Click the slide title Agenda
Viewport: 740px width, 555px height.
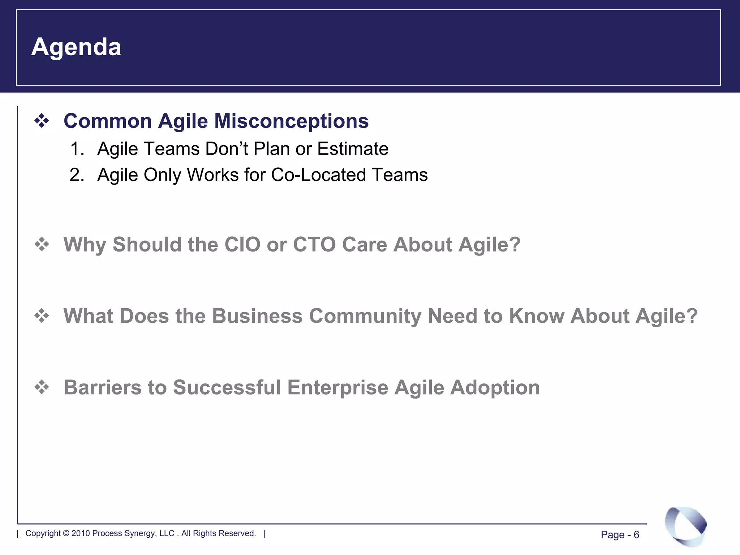76,47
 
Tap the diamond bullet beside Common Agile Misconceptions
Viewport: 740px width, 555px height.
42,121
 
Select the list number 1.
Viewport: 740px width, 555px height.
77,149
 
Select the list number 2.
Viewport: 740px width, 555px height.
77,175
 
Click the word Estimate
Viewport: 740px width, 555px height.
353,149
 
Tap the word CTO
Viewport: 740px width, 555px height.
314,245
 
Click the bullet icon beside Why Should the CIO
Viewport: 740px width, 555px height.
42,245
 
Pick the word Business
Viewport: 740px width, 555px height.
257,316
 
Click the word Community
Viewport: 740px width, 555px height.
365,316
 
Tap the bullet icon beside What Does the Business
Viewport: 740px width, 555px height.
42,316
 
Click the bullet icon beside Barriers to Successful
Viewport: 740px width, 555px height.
42,387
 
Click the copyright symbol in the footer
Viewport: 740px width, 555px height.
66,533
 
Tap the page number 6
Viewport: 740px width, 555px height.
636,535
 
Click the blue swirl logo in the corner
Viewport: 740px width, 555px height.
685,526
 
